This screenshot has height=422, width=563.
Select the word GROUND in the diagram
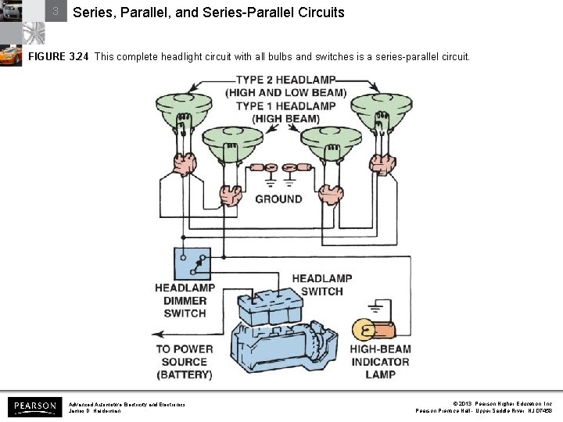click(278, 198)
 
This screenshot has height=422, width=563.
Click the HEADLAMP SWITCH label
click(321, 284)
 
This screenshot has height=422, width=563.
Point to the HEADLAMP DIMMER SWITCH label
click(185, 301)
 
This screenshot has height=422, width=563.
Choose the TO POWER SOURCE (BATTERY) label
click(184, 362)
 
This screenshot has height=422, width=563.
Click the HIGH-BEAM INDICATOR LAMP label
click(380, 362)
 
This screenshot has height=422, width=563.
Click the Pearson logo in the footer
click(34, 406)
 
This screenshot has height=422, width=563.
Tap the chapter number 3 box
click(56, 12)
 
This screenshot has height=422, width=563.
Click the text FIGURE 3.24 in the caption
click(58, 57)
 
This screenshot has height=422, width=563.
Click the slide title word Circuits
click(318, 13)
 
